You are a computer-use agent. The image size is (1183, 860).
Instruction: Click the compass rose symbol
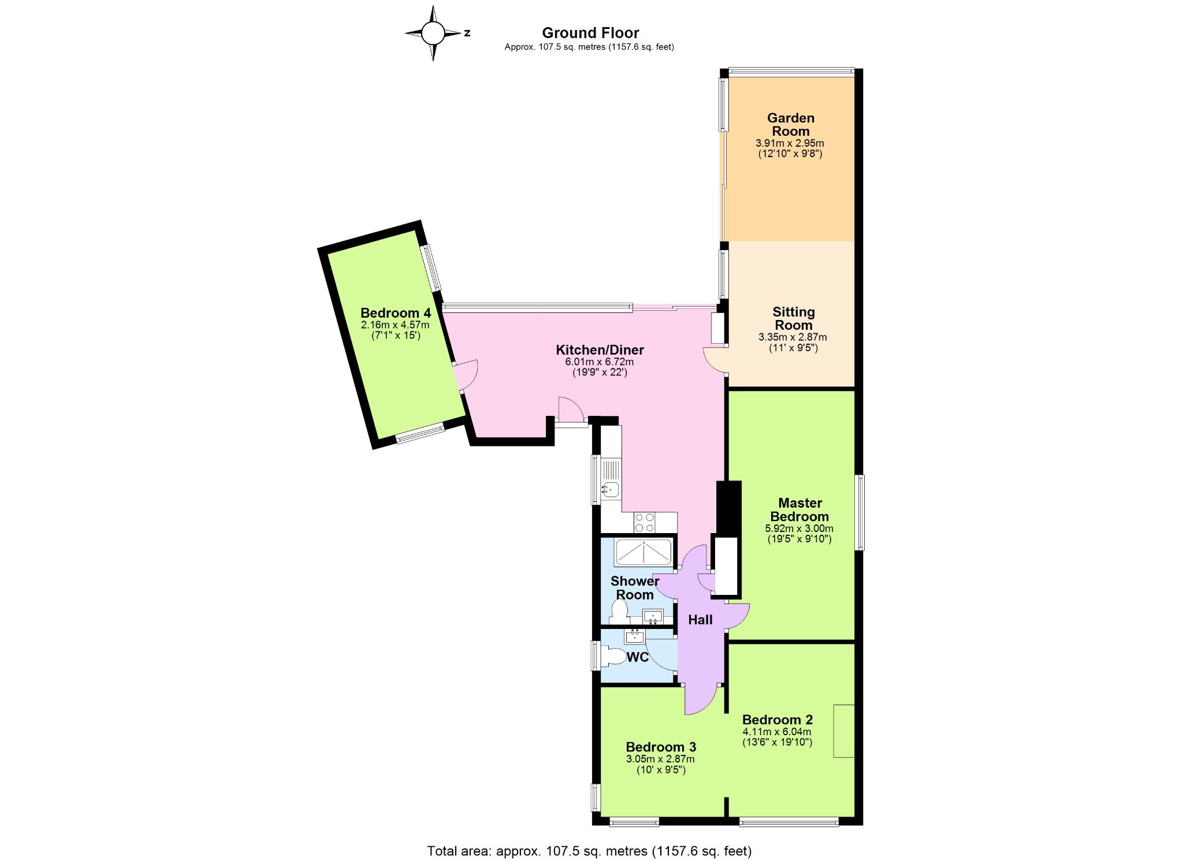[433, 33]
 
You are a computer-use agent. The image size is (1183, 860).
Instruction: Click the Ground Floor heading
[590, 33]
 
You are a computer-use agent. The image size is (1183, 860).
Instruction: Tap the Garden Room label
[791, 124]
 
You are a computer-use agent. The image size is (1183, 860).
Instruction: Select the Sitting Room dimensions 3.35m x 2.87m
[793, 337]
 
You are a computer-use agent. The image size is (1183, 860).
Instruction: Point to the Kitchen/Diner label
[600, 349]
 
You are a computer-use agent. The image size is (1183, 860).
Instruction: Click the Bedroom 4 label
[396, 313]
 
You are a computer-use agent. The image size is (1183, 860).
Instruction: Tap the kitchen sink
[610, 490]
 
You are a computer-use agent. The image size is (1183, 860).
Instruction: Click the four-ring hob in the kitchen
[645, 522]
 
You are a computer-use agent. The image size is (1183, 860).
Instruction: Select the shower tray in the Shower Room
[643, 553]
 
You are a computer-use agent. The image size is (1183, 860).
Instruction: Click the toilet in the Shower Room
[618, 611]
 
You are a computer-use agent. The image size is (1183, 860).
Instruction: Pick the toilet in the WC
[614, 657]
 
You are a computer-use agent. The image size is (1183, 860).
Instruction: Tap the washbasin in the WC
[635, 636]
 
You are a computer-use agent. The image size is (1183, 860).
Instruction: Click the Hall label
[700, 620]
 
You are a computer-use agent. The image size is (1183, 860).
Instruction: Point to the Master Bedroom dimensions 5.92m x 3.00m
[799, 528]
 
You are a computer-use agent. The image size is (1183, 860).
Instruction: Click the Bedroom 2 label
[777, 720]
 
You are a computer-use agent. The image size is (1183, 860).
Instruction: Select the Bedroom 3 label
[661, 747]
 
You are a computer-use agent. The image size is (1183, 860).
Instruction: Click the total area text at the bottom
[589, 851]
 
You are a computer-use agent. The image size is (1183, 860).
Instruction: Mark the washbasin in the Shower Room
[653, 617]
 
